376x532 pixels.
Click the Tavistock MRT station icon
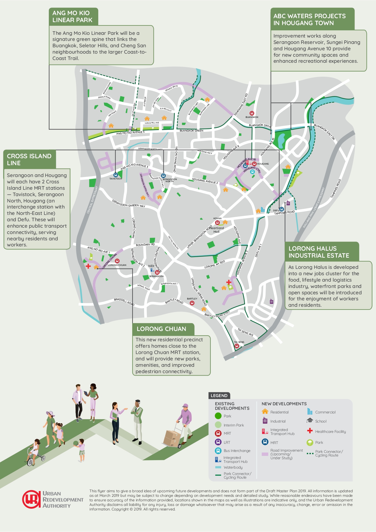click(116, 175)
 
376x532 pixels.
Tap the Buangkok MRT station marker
click(252, 113)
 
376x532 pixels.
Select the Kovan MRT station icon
click(217, 223)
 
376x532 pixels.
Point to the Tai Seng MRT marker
click(237, 346)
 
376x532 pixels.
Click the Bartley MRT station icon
click(192, 303)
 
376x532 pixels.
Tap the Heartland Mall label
click(217, 230)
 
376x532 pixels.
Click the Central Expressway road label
click(92, 200)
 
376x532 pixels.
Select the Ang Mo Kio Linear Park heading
click(72, 17)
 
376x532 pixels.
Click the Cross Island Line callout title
click(29, 159)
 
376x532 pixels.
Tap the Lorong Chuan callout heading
click(161, 329)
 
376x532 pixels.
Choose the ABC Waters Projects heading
click(309, 19)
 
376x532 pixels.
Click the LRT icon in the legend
click(218, 442)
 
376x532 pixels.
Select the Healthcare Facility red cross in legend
click(310, 431)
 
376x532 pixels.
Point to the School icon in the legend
click(310, 421)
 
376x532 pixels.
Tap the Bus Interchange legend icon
click(218, 451)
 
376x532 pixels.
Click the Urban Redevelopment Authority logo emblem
click(31, 499)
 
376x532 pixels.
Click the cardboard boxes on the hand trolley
click(172, 438)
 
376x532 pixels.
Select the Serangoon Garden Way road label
click(129, 204)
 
